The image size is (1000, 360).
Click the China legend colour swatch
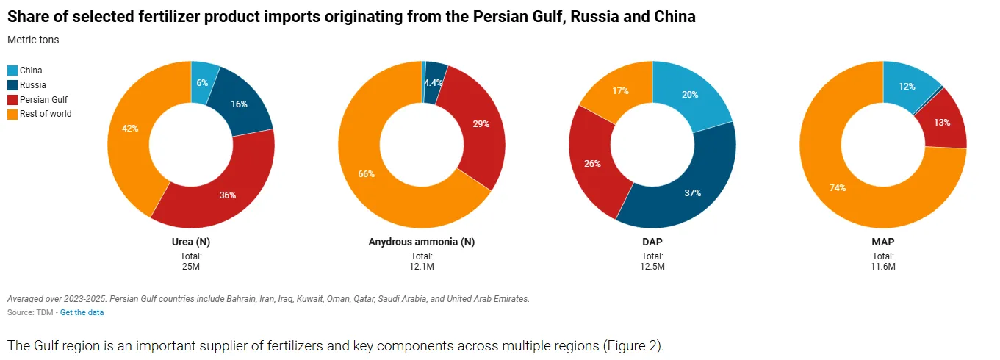click(12, 71)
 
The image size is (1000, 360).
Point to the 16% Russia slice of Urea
click(240, 104)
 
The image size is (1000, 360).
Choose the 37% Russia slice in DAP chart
click(691, 192)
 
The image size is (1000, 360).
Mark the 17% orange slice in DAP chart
click(619, 92)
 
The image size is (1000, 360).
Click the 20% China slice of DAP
click(688, 94)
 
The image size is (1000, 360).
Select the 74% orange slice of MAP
click(838, 188)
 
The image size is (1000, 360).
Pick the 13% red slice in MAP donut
click(943, 122)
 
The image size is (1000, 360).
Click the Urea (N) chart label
click(191, 242)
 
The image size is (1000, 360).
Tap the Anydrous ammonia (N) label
click(422, 242)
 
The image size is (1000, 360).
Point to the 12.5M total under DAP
click(652, 266)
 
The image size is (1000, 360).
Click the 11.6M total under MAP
click(883, 266)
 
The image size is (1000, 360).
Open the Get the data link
click(82, 312)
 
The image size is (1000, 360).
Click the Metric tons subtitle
click(33, 40)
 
